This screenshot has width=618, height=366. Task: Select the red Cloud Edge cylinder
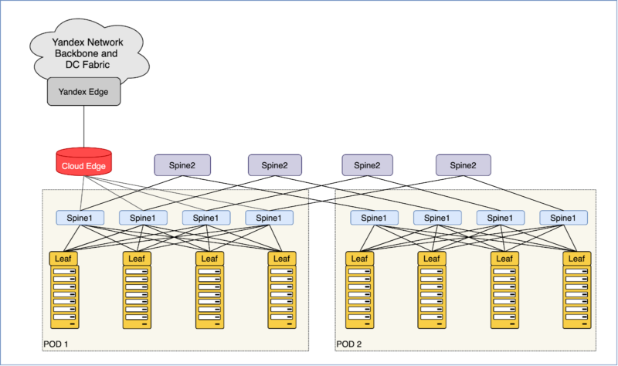pos(83,163)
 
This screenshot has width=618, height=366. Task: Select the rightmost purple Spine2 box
pos(463,164)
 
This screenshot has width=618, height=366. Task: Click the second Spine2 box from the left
pos(275,164)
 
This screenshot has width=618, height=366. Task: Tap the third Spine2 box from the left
pos(368,164)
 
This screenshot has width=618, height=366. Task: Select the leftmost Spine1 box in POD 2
pos(375,218)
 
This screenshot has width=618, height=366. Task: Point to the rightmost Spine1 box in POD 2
pos(563,218)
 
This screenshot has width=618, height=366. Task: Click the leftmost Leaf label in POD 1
pos(64,258)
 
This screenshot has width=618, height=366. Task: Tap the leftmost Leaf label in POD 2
pos(357,258)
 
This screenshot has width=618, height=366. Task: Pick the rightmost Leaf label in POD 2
pos(576,258)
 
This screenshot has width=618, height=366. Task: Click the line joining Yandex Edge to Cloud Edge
pos(83,127)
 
